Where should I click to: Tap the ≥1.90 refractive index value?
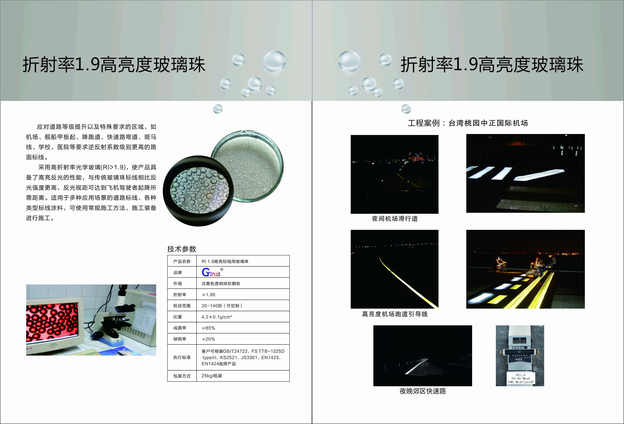pyautogui.click(x=208, y=295)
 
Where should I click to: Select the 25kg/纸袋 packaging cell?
pyautogui.click(x=212, y=376)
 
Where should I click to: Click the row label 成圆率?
pyautogui.click(x=180, y=328)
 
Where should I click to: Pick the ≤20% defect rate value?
pyautogui.click(x=208, y=339)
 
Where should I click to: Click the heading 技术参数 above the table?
pyautogui.click(x=182, y=249)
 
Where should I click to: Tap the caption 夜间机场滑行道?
pyautogui.click(x=395, y=218)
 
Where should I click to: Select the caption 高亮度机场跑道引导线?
pyautogui.click(x=395, y=314)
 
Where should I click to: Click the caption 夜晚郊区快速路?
pyautogui.click(x=423, y=391)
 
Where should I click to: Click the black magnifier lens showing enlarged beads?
pyautogui.click(x=198, y=191)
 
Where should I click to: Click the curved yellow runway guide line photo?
pyautogui.click(x=394, y=269)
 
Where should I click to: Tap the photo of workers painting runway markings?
pyautogui.click(x=525, y=269)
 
